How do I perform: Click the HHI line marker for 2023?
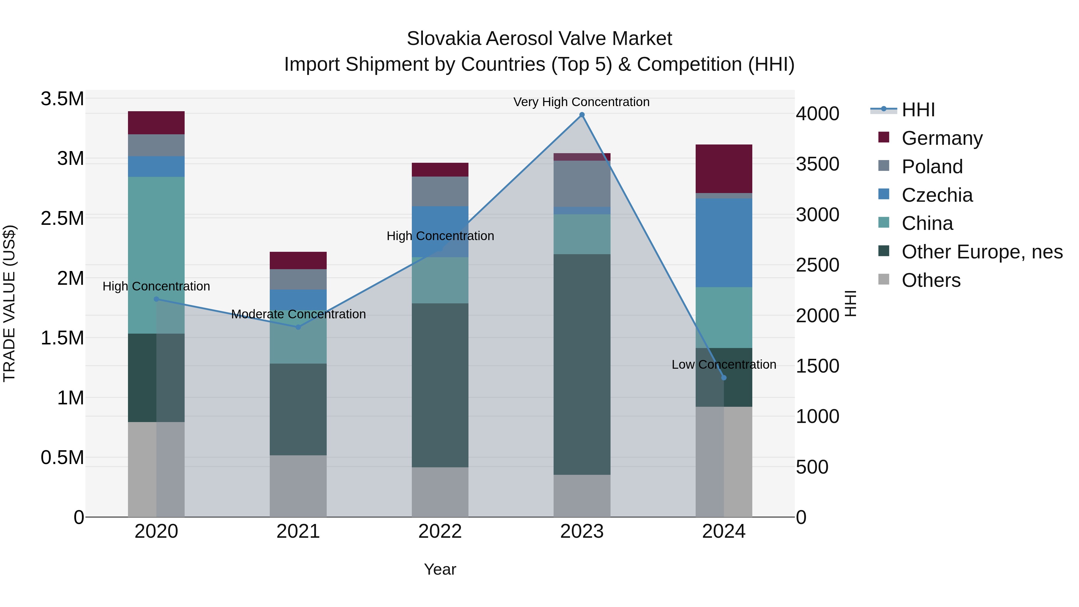coord(582,115)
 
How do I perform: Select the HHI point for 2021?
coord(298,327)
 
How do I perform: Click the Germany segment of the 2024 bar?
coord(724,168)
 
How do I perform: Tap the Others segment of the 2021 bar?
coord(298,486)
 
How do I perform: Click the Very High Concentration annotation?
coord(581,102)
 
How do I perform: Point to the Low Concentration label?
coord(724,364)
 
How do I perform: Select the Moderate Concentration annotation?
coord(298,314)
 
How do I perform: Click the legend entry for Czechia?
coord(937,195)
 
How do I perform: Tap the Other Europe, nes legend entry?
coord(982,252)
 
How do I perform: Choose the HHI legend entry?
coord(918,110)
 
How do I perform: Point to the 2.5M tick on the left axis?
coord(62,218)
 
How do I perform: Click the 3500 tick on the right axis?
coord(818,164)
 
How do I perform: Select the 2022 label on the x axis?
coord(440,531)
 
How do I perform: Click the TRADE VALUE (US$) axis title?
coord(9,303)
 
